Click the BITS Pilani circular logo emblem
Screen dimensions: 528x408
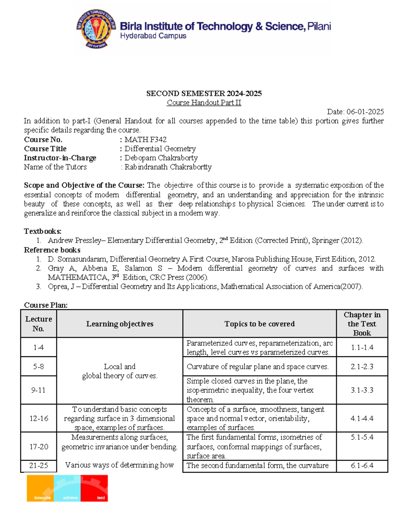[x=97, y=29]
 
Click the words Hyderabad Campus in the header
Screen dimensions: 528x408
[x=153, y=36]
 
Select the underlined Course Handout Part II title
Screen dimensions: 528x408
[x=204, y=103]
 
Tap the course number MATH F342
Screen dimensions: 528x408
[x=146, y=139]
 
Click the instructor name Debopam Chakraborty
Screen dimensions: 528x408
[x=161, y=158]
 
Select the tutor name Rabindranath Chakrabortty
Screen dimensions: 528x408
[x=168, y=167]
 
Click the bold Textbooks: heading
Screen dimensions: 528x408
[x=42, y=231]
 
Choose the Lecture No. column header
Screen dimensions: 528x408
[x=38, y=324]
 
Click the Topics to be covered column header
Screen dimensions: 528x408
[x=259, y=324]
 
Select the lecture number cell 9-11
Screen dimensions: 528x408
[x=38, y=390]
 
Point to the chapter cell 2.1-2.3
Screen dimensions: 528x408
[x=362, y=367]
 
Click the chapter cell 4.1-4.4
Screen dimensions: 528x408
[x=362, y=419]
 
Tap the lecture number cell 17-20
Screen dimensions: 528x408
[x=38, y=446]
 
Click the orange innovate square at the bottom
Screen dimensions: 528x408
[x=40, y=488]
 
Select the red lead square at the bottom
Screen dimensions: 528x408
[x=94, y=488]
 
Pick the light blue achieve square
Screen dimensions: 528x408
[x=67, y=488]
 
